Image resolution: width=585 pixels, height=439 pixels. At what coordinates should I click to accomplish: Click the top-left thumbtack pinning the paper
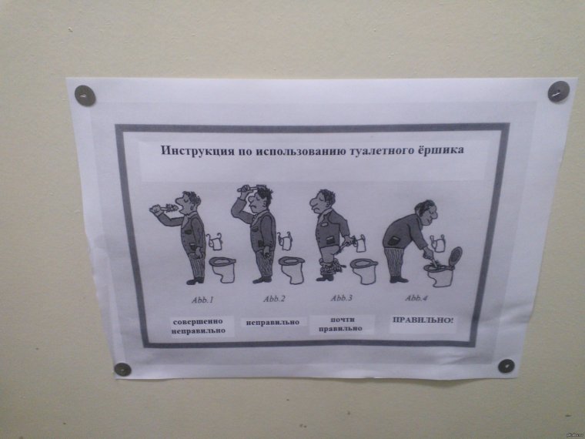85,96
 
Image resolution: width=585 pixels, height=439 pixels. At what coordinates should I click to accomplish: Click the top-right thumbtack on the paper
557,92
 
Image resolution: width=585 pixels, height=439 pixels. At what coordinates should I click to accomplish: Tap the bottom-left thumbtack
122,369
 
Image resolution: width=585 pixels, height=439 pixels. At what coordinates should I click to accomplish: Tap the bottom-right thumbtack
505,366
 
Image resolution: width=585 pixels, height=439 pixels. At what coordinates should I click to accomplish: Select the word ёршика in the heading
439,150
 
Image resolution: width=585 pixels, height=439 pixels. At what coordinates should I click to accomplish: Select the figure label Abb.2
274,299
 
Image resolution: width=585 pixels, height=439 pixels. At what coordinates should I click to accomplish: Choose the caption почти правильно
341,323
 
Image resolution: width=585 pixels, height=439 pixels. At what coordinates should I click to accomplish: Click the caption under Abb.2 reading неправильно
272,322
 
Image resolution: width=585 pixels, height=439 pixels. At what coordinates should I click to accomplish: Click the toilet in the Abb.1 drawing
222,269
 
